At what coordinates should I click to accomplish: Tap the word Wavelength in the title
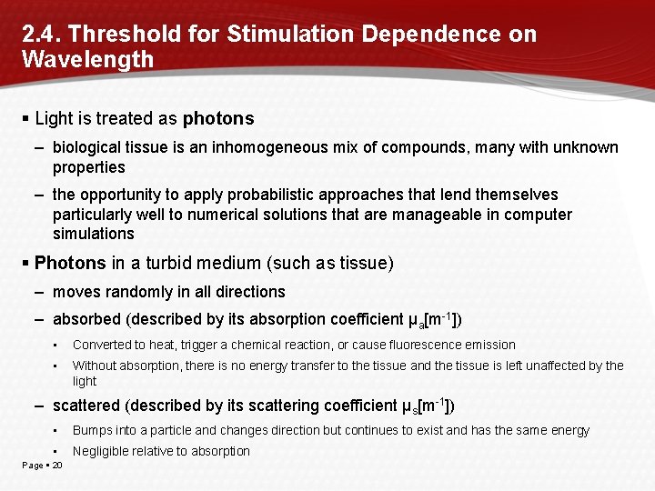pos(88,60)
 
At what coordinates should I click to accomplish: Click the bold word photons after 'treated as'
pos(218,119)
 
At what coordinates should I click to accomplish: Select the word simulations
pos(94,234)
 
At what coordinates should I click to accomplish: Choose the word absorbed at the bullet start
pos(86,319)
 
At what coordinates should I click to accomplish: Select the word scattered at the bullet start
pos(87,406)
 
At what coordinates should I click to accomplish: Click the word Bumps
pos(93,430)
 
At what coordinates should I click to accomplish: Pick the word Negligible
pos(99,451)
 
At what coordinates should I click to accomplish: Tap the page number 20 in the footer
pos(57,466)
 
